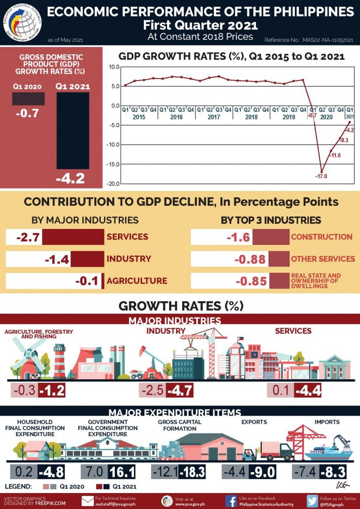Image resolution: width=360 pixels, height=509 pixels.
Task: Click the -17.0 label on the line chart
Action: [x=322, y=176]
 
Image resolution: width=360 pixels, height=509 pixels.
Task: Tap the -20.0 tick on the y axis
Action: [x=113, y=184]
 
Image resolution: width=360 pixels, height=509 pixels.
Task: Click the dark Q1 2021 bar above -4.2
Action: [x=72, y=131]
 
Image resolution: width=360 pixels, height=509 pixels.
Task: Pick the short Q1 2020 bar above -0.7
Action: [x=28, y=98]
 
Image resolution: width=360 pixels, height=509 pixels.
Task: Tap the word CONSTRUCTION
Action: [x=321, y=237]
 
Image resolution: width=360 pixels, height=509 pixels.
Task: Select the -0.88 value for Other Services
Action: [x=250, y=259]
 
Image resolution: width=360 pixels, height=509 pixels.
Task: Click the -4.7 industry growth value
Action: [x=181, y=390]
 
